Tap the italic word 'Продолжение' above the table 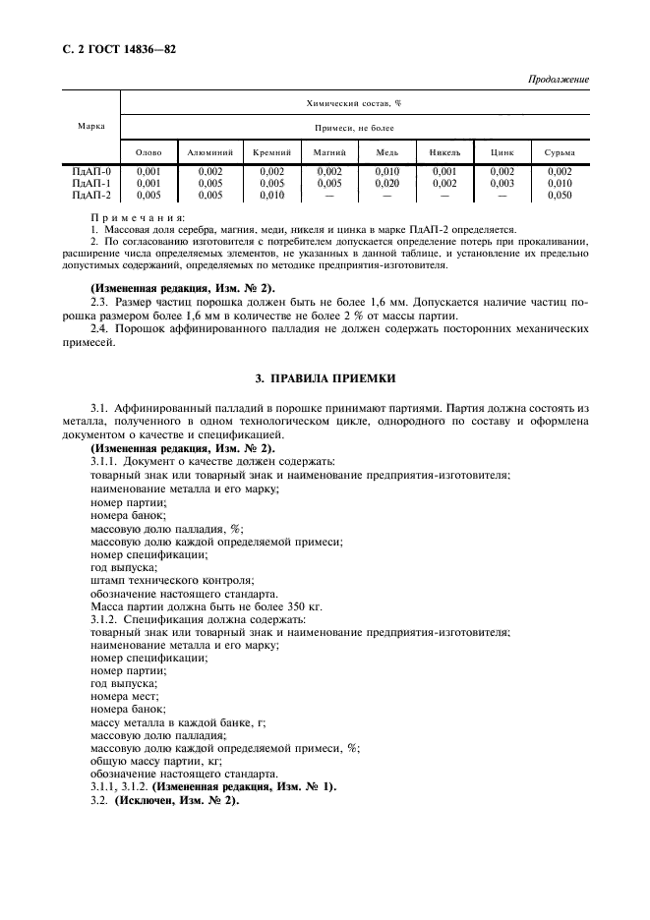(559, 79)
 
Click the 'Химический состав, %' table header (360, 102)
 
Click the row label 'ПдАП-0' (91, 171)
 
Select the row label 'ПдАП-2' (91, 195)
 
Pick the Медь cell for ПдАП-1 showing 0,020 (386, 183)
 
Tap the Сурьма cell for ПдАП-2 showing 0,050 (559, 195)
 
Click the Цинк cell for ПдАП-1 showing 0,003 (502, 183)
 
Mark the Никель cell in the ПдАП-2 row (443, 195)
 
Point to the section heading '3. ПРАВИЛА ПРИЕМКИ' (325, 379)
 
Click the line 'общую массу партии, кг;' (156, 760)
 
